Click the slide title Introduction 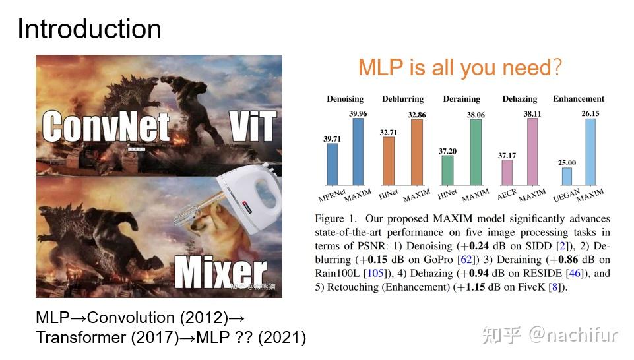tap(89, 30)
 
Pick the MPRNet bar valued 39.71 tap(332, 164)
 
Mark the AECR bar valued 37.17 tap(507, 172)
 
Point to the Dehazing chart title tap(520, 99)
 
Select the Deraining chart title tap(461, 99)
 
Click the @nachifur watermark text tap(572, 335)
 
